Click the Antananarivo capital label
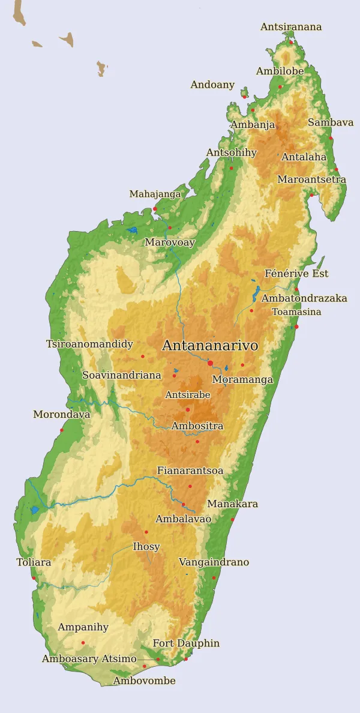(210, 346)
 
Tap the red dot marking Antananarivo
(210, 363)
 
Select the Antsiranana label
(291, 27)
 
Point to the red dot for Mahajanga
(155, 209)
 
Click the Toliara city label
(34, 563)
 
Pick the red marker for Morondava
(61, 430)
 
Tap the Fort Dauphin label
(186, 643)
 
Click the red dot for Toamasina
(296, 326)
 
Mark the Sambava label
(331, 122)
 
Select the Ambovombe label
(145, 681)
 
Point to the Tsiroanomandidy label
(89, 344)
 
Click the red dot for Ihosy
(146, 532)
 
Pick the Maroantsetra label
(311, 179)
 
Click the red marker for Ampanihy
(83, 643)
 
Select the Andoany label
(212, 85)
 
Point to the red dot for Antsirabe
(188, 410)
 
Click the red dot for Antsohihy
(231, 168)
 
